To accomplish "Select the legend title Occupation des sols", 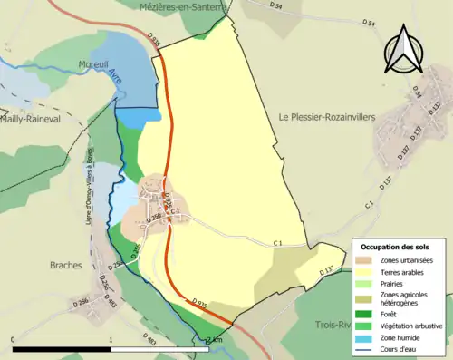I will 395,247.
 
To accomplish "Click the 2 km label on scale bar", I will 214,340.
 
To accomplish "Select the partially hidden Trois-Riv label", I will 333,324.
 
